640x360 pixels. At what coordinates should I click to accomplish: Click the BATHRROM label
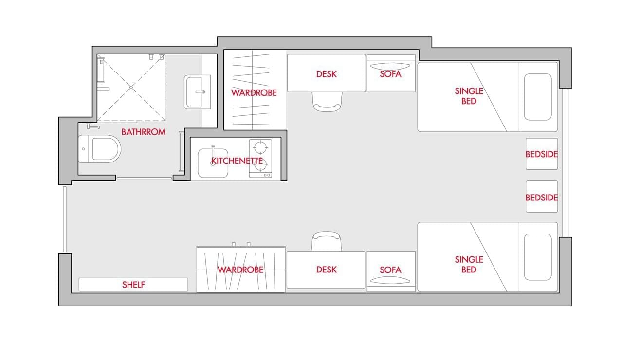(144, 132)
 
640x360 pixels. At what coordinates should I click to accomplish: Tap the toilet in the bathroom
(99, 149)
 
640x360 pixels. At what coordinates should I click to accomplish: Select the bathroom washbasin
(198, 92)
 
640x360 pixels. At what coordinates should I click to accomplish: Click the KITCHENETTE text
(237, 161)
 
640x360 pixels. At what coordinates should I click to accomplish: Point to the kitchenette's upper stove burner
(260, 147)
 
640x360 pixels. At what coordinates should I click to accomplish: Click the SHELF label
(133, 285)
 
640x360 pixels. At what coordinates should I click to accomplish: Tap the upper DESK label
(326, 74)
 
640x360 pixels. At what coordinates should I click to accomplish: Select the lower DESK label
(326, 270)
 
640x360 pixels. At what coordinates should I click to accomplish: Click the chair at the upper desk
(327, 102)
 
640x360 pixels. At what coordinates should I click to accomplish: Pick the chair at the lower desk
(326, 241)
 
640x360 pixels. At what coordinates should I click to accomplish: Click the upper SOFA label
(391, 74)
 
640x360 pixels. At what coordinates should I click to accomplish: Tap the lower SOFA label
(391, 270)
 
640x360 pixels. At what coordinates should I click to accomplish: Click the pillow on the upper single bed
(538, 97)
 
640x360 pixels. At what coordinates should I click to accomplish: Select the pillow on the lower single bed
(538, 257)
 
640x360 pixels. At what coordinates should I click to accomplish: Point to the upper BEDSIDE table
(542, 154)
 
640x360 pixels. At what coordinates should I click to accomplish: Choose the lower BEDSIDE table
(542, 197)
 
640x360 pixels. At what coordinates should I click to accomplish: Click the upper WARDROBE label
(254, 93)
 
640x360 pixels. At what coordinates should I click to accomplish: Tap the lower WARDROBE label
(240, 270)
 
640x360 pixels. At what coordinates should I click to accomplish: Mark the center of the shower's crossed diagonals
(131, 87)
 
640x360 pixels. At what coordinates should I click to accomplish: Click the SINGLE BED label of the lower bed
(469, 264)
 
